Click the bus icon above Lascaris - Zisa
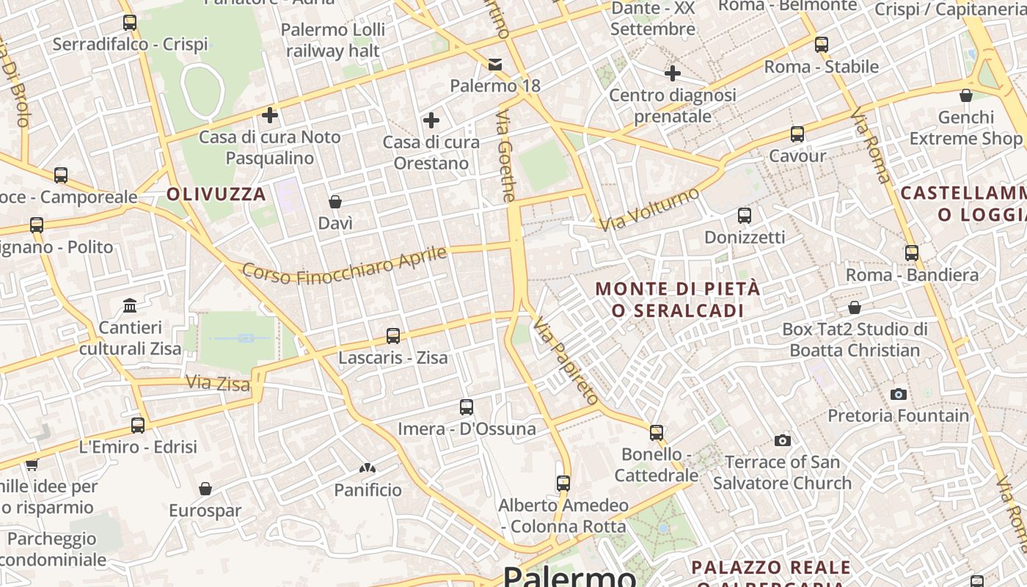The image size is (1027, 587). [x=393, y=336]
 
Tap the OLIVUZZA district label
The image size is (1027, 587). [x=216, y=194]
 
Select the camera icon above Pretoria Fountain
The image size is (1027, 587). [x=898, y=395]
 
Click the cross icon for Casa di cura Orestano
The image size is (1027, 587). [x=431, y=120]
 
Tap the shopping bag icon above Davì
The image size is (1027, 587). [x=335, y=202]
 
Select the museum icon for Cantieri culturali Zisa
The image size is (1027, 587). [x=130, y=305]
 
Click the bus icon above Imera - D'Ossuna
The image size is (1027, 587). [x=467, y=407]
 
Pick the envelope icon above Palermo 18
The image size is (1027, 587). [x=496, y=65]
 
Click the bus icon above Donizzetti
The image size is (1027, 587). [x=745, y=216]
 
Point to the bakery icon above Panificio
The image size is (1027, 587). [x=368, y=468]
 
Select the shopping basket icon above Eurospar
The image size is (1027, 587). [x=205, y=489]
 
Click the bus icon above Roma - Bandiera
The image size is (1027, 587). [x=912, y=253]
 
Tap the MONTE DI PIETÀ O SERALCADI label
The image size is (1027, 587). [x=677, y=299]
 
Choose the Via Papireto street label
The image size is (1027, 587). [x=566, y=360]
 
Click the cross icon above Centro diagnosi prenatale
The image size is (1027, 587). [x=673, y=73]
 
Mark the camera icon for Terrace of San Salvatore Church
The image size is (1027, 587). [x=783, y=441]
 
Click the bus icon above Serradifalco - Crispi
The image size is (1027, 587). [x=130, y=23]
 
